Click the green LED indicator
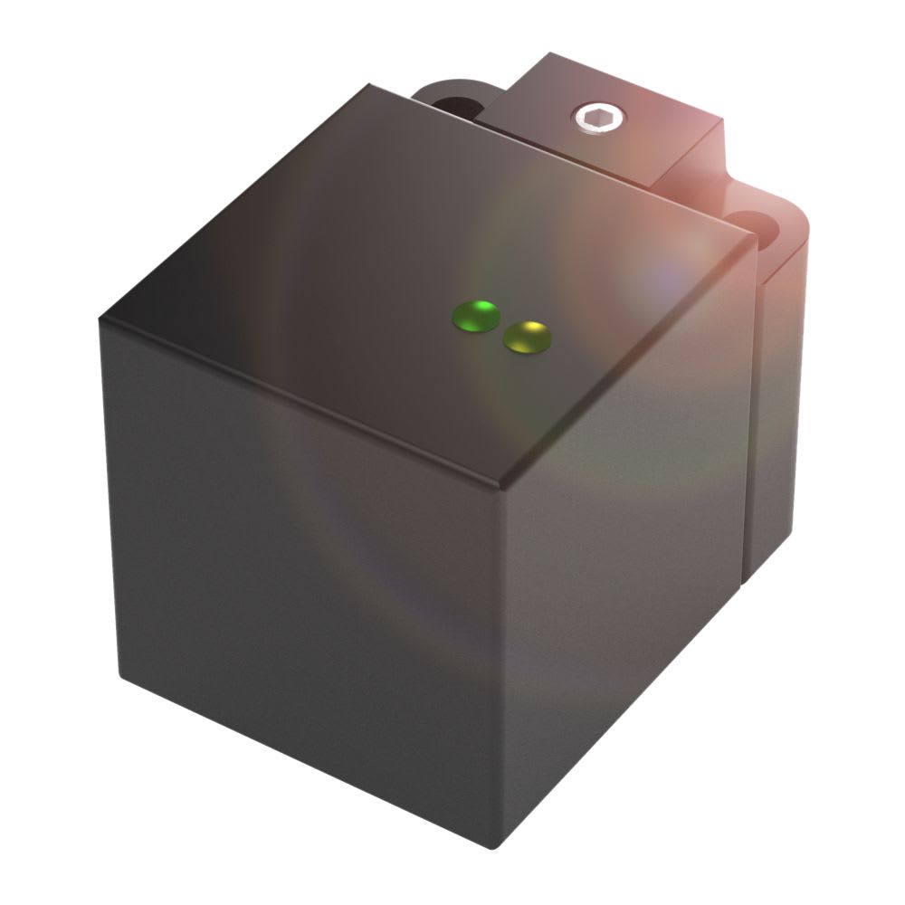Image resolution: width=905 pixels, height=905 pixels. (476, 316)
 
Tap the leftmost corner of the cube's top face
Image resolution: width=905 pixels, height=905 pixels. (100, 318)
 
